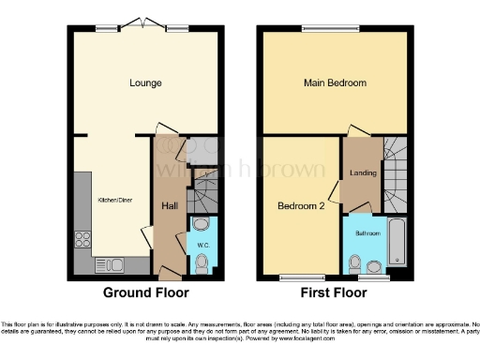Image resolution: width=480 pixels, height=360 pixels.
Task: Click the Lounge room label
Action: pos(145,83)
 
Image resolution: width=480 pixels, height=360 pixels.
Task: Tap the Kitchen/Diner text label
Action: pos(116,200)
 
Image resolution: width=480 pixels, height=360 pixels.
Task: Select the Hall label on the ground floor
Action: pos(170,206)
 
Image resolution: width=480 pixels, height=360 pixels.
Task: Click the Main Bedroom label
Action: pos(335,83)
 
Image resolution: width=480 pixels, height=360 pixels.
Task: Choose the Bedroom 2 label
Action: pos(301,205)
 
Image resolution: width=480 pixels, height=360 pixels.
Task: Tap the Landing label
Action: pos(363,172)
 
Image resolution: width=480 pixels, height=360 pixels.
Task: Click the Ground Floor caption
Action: pos(145,292)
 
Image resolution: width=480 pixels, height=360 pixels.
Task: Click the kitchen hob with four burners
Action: pos(82,237)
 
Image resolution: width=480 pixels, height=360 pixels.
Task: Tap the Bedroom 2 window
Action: pos(300,277)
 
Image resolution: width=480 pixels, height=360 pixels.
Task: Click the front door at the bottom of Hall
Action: pos(169,275)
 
